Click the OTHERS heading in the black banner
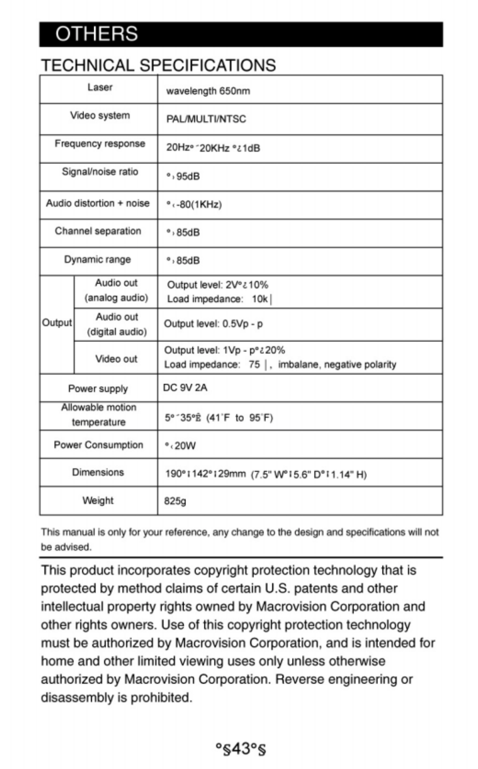96,34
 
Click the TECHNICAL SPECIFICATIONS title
158,65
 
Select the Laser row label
100,87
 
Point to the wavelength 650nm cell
208,91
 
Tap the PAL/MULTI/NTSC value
206,119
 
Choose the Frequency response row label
100,144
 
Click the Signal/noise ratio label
100,172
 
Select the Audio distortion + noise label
98,203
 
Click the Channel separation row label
98,231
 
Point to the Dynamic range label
97,259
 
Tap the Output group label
57,323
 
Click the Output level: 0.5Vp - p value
213,324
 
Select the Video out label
116,359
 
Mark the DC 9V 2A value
185,388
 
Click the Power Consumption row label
98,445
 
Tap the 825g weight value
175,501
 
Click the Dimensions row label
98,472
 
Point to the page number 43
240,749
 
